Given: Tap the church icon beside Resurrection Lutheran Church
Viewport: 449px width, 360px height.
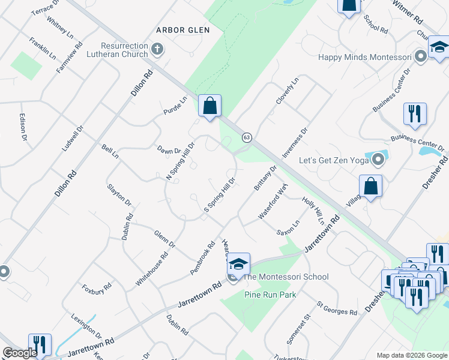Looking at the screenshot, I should click(x=157, y=49).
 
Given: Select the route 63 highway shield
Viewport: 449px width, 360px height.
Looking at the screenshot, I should click(x=247, y=137).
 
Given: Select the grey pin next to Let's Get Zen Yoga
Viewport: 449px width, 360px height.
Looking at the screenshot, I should click(x=378, y=160).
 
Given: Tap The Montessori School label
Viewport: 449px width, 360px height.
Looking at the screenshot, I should click(x=286, y=277).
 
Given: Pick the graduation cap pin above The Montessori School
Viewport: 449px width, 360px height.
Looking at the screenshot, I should click(x=238, y=264).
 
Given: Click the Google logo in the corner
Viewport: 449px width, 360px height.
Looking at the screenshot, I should click(x=20, y=353).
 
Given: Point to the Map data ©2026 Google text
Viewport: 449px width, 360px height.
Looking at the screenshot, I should click(x=411, y=355).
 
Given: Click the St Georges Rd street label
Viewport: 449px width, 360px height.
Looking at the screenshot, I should click(x=337, y=309).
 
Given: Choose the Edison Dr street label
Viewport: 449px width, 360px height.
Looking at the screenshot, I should click(x=24, y=128).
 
